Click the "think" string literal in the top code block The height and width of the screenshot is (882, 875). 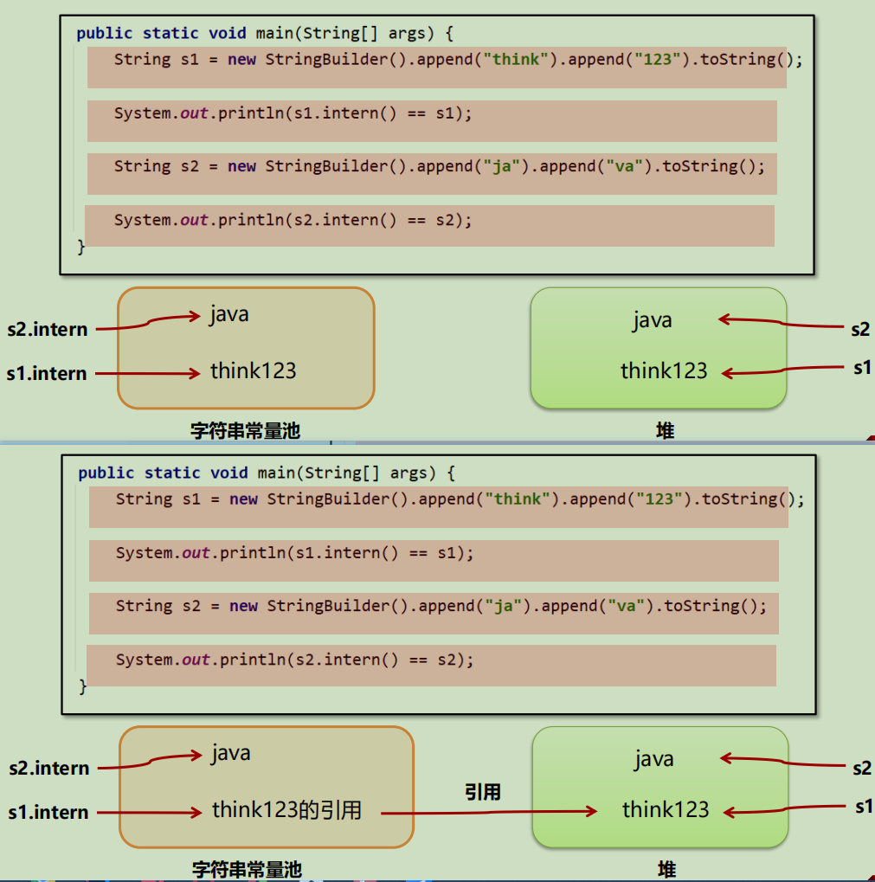[516, 59]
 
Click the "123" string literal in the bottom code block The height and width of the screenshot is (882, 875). [659, 499]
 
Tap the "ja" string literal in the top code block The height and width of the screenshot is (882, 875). [502, 166]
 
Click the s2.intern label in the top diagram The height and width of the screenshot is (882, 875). [48, 329]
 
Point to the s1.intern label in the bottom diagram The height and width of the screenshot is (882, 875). [48, 812]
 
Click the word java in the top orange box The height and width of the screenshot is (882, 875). [228, 314]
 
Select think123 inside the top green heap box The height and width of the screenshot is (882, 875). [664, 370]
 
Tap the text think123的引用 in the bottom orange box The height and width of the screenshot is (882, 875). [286, 810]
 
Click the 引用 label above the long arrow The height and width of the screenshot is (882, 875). [482, 792]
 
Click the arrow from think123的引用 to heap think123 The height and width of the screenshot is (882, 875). [489, 812]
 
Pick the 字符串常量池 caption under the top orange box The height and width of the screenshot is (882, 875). [245, 431]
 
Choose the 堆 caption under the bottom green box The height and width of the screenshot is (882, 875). [667, 870]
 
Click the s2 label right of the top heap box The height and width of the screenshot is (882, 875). [860, 329]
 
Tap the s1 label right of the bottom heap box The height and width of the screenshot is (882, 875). [864, 807]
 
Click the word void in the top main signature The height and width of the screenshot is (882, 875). [227, 33]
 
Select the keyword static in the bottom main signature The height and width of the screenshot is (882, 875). [172, 473]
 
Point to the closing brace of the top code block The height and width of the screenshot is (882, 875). [81, 247]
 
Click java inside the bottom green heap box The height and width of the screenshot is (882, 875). [654, 759]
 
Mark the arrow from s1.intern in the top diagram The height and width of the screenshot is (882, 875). [148, 374]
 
